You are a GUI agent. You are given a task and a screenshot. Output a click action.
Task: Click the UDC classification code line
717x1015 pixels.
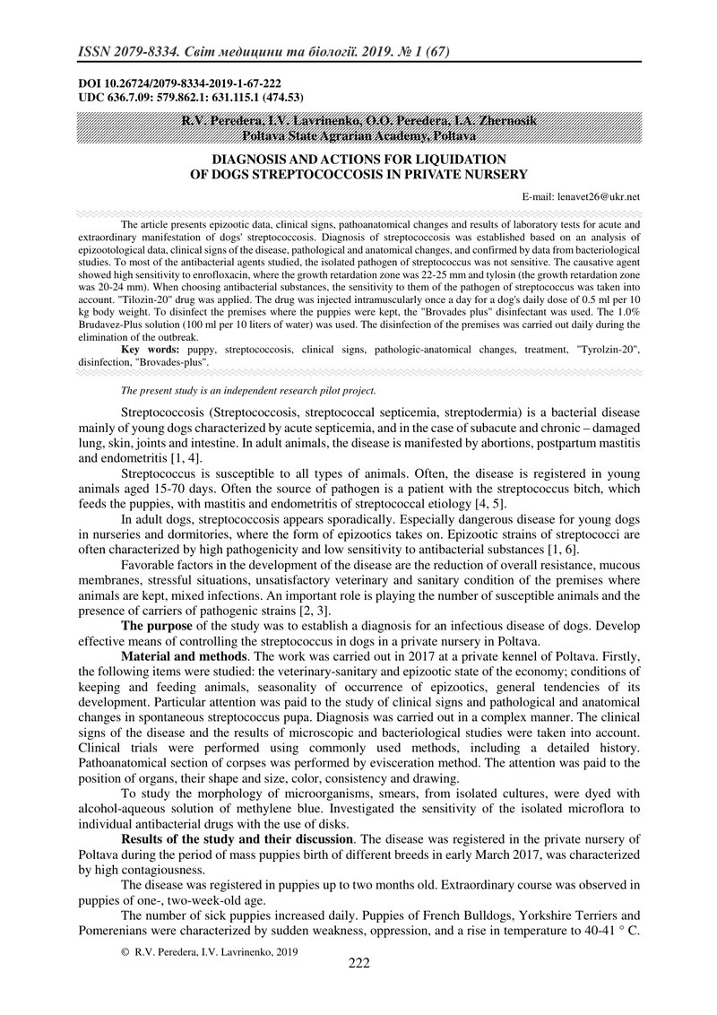click(x=180, y=96)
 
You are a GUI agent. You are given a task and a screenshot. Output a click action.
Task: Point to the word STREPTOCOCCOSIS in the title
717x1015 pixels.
click(x=324, y=174)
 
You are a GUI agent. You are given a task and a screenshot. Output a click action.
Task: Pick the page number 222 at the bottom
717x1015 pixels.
click(x=358, y=963)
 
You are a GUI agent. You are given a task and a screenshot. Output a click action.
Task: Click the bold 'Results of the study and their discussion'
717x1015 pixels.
click(x=238, y=839)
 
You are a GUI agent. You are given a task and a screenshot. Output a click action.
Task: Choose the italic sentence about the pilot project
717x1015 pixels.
click(x=247, y=390)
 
